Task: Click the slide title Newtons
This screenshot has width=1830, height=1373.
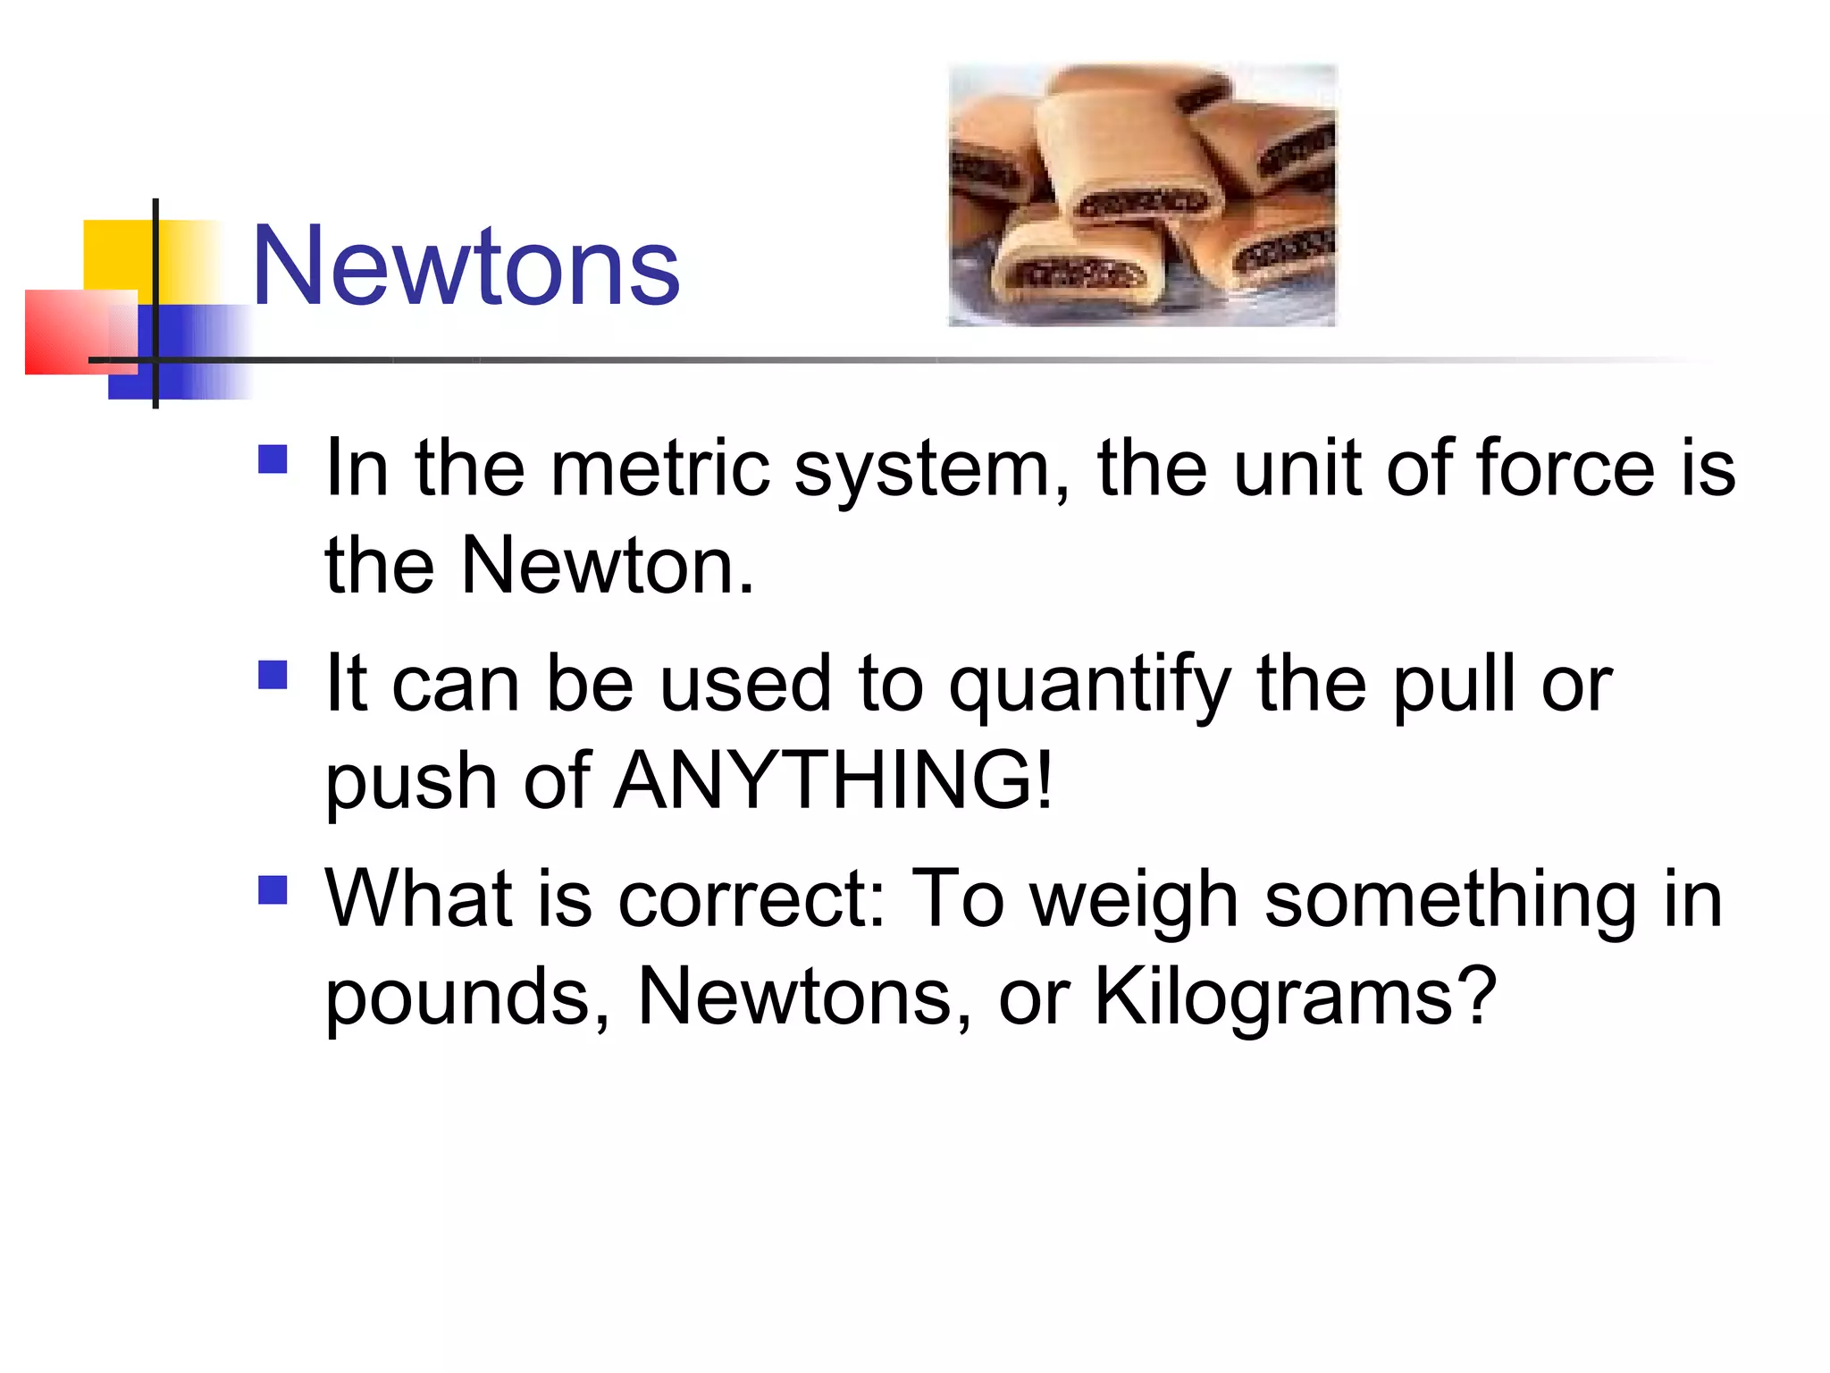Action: pyautogui.click(x=466, y=265)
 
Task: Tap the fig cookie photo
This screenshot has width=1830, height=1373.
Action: pyautogui.click(x=1142, y=195)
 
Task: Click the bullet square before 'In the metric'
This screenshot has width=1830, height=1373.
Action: pyautogui.click(x=273, y=459)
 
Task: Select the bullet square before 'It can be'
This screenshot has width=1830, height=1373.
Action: pyautogui.click(x=273, y=675)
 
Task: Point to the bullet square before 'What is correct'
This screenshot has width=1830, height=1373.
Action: pyautogui.click(x=273, y=890)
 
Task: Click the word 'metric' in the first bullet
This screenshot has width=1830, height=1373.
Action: pyautogui.click(x=659, y=468)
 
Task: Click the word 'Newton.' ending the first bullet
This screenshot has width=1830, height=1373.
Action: pyautogui.click(x=608, y=565)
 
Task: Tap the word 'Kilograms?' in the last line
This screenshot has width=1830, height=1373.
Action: pyautogui.click(x=1296, y=998)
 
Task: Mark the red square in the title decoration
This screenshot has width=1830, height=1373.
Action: pyautogui.click(x=67, y=332)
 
